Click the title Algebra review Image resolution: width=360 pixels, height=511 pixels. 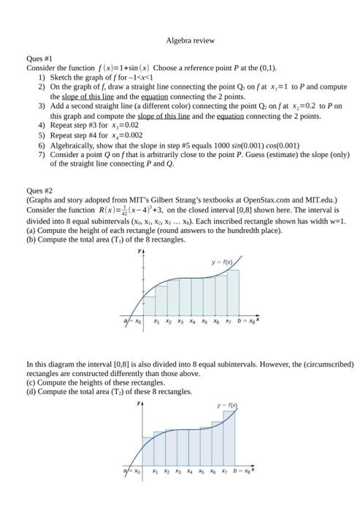point(190,41)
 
